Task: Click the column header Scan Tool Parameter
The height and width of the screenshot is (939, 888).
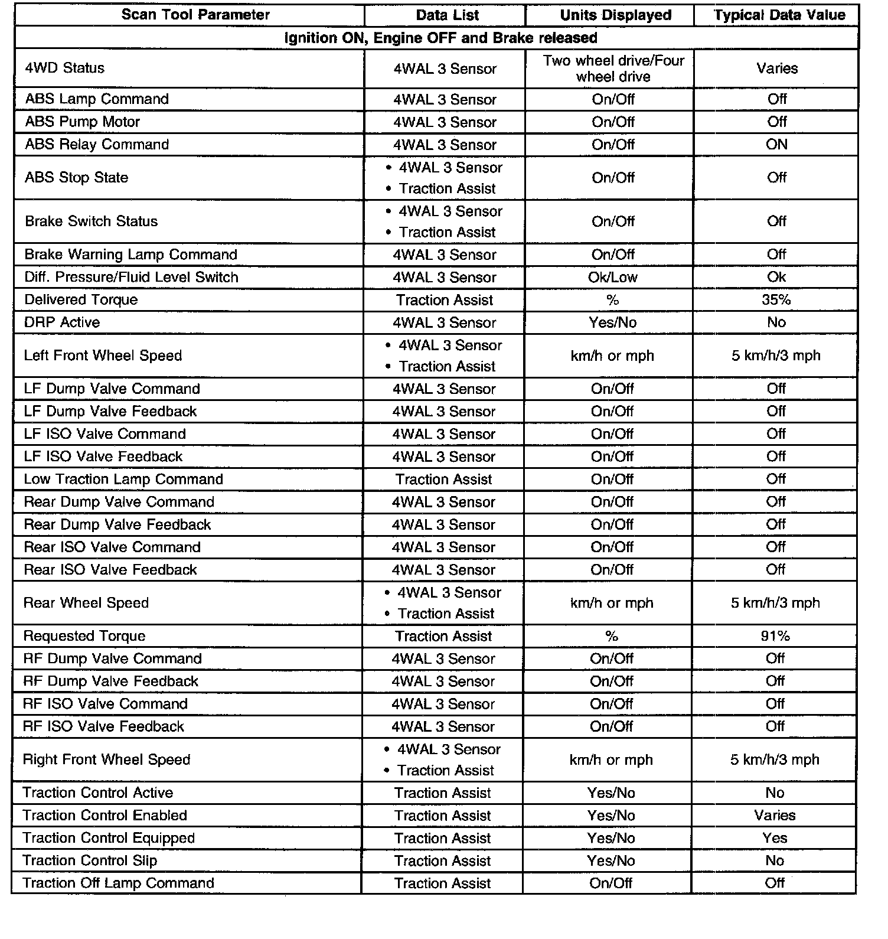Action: (x=195, y=15)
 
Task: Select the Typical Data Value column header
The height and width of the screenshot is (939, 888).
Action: (x=779, y=15)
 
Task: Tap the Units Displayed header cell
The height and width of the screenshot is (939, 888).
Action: (x=615, y=15)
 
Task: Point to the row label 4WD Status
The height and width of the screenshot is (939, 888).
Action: (x=64, y=68)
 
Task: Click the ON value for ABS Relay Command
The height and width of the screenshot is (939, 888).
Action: (x=776, y=145)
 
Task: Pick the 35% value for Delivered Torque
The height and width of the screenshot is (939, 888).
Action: (x=776, y=300)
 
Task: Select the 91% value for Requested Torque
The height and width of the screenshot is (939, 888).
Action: (x=775, y=636)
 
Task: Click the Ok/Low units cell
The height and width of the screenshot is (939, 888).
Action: (x=612, y=278)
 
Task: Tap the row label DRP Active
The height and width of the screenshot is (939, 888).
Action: (x=62, y=322)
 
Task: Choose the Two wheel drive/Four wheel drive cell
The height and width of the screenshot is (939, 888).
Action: (x=613, y=69)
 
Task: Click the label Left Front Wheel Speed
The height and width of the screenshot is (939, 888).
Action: (x=103, y=356)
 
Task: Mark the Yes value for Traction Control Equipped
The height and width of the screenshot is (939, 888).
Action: (x=775, y=838)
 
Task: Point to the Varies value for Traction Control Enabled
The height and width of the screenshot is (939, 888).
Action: (x=775, y=816)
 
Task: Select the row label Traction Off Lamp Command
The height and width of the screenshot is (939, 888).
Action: (x=118, y=883)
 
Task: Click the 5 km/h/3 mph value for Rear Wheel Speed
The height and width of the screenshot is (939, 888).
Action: (x=775, y=603)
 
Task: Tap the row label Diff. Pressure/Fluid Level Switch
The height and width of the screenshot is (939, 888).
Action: (x=131, y=278)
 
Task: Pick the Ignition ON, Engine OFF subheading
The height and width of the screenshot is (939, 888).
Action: (x=440, y=38)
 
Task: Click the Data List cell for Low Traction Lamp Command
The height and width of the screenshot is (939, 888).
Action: (x=443, y=480)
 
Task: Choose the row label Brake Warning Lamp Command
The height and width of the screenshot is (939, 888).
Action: (x=130, y=255)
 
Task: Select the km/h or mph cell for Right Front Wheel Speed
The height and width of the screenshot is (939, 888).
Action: (x=611, y=760)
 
